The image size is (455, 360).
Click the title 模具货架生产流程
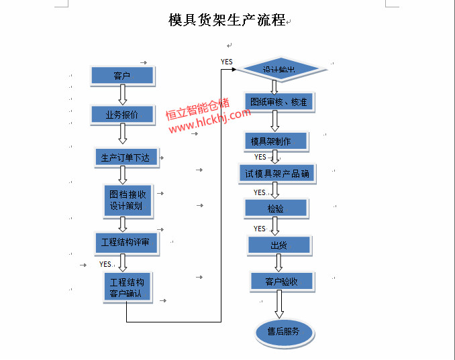coord(227,20)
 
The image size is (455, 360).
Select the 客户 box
coord(123,76)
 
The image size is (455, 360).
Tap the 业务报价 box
coord(123,115)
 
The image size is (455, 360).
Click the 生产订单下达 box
coord(125,158)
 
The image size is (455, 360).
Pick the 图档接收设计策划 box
coord(128,200)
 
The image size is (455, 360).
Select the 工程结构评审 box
coord(125,242)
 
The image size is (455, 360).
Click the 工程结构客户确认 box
coord(127,287)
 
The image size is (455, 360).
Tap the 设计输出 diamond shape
coord(279,69)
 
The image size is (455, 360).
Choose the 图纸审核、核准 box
coord(279,102)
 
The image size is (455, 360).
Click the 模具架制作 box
coord(275,141)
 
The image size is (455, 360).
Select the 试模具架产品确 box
coord(277,174)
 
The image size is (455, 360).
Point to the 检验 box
coord(276,208)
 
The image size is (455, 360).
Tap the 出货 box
coord(279,245)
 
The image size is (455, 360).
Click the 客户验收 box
coord(281,282)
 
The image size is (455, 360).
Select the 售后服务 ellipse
coord(284,331)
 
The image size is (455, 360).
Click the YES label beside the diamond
coord(227,62)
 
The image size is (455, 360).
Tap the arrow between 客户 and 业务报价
coord(123,95)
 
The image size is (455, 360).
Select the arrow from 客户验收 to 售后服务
coord(279,304)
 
